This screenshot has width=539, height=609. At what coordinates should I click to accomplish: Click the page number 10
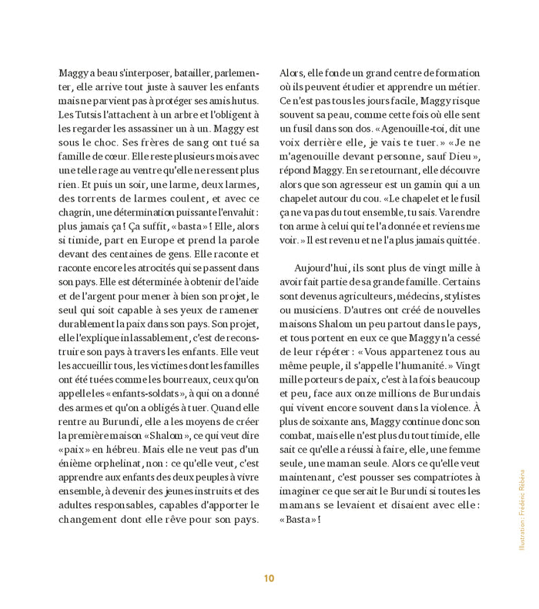[x=269, y=578]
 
